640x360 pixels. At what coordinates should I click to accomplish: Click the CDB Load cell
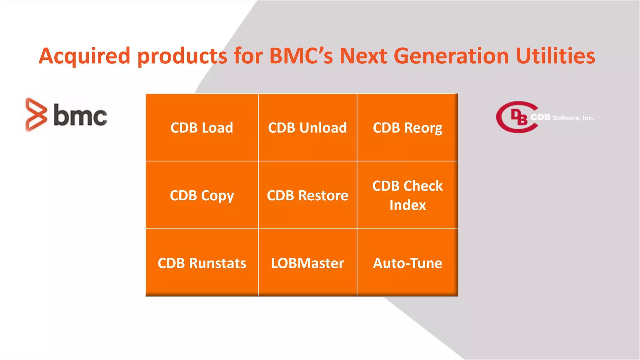[202, 127]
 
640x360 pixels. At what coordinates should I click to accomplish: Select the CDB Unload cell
[307, 127]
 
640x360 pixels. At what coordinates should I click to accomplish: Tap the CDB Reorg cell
[407, 127]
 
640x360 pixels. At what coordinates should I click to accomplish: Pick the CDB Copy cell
[202, 195]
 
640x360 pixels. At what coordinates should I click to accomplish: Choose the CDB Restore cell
[307, 195]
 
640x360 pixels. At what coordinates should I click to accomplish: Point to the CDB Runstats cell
[202, 263]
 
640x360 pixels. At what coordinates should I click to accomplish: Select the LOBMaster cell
[307, 263]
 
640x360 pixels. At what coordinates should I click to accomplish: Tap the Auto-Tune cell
[407, 263]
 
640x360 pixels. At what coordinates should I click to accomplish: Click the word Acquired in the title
[84, 56]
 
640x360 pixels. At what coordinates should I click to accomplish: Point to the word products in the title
[182, 56]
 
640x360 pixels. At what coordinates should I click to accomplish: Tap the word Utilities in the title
[555, 56]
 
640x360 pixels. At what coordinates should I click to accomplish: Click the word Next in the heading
[363, 56]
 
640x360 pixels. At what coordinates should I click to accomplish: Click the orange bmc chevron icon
[36, 114]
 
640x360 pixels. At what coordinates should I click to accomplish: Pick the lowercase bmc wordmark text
[80, 115]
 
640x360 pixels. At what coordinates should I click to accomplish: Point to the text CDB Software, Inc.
[562, 118]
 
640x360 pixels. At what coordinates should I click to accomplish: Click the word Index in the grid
[407, 205]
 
